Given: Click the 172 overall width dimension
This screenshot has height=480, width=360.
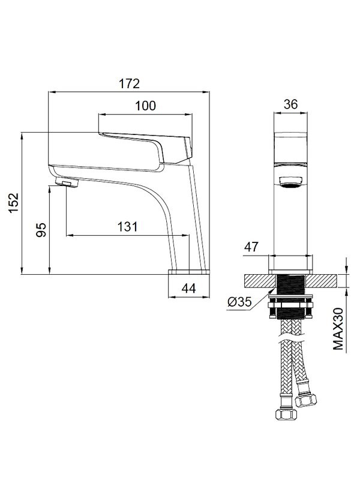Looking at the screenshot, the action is pyautogui.click(x=129, y=83).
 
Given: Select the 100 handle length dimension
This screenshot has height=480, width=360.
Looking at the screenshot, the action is pyautogui.click(x=146, y=106).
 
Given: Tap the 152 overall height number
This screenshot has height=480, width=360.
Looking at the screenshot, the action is pyautogui.click(x=13, y=203).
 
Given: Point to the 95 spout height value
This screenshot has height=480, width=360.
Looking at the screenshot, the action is pyautogui.click(x=41, y=230).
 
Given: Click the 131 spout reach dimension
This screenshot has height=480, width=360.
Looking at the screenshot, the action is pyautogui.click(x=128, y=227).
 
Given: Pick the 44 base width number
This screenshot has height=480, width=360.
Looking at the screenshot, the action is pyautogui.click(x=188, y=288).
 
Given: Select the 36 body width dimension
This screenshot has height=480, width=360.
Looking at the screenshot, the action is pyautogui.click(x=290, y=104).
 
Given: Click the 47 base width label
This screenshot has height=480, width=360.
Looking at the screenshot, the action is pyautogui.click(x=251, y=247).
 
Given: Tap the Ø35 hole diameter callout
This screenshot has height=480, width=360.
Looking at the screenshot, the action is pyautogui.click(x=239, y=302).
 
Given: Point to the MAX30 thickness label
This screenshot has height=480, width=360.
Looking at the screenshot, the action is pyautogui.click(x=338, y=329).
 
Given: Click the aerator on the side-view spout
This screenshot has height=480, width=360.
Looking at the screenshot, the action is pyautogui.click(x=67, y=183).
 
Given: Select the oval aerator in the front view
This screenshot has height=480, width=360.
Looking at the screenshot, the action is pyautogui.click(x=290, y=182).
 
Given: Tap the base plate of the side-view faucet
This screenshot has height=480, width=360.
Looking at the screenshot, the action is pyautogui.click(x=189, y=272).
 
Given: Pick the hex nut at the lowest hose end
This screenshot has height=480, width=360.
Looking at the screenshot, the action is pyautogui.click(x=286, y=414).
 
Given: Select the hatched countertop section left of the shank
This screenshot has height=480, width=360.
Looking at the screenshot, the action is pyautogui.click(x=260, y=281).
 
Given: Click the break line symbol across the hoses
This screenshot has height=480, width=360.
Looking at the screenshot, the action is pyautogui.click(x=290, y=340).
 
